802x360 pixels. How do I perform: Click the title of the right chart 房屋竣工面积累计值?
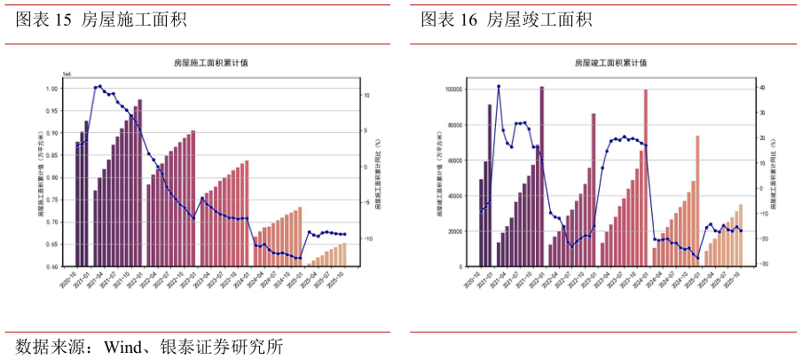pos(610,63)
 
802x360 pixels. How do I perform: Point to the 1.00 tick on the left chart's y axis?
pos(54,89)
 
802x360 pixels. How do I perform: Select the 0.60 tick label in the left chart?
pos(54,266)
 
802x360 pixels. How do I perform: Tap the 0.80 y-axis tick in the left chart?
pos(54,177)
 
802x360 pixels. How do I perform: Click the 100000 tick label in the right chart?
pos(453,90)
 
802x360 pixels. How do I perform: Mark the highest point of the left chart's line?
pos(99,86)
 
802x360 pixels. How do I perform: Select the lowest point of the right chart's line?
pos(697,258)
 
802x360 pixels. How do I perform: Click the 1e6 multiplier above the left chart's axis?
pos(67,74)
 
